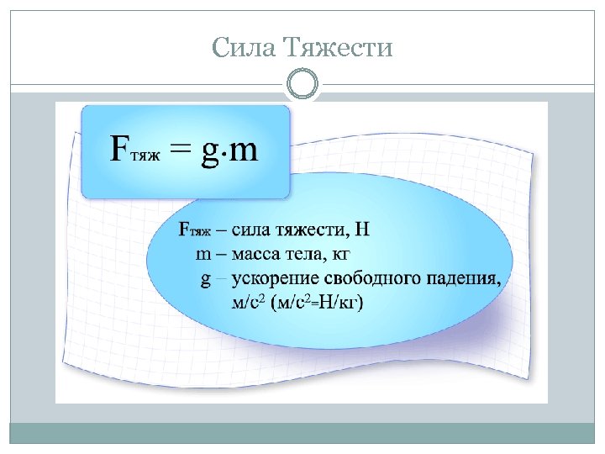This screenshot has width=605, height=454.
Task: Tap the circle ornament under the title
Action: click(302, 85)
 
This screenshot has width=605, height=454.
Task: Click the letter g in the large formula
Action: click(209, 153)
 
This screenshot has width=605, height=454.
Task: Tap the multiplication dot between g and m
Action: click(224, 152)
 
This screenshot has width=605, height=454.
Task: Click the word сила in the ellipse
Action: click(251, 229)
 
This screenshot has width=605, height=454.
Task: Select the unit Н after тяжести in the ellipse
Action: click(362, 229)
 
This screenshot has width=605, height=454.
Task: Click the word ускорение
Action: click(271, 279)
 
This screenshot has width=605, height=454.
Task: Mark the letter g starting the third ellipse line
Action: click(205, 279)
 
